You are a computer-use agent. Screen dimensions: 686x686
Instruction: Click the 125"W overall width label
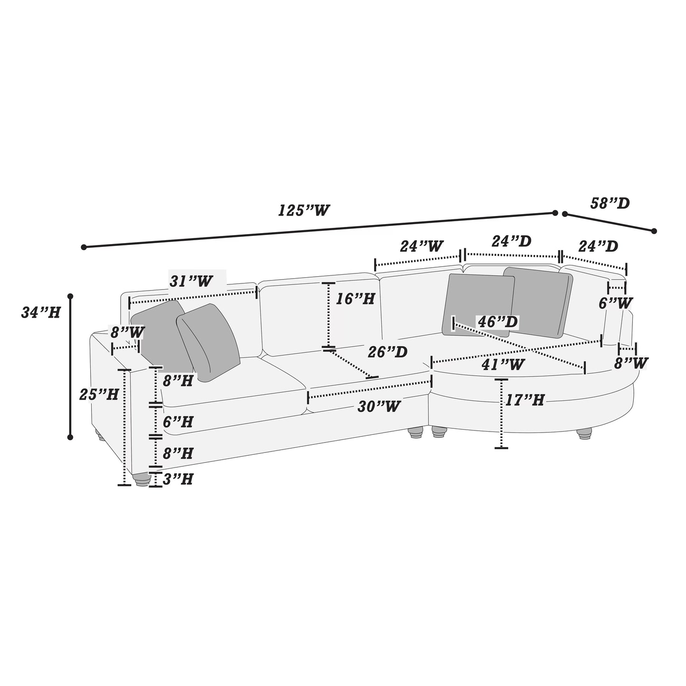click(x=303, y=210)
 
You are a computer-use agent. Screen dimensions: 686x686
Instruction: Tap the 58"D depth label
click(x=610, y=203)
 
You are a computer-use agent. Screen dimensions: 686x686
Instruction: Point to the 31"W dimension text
click(x=191, y=281)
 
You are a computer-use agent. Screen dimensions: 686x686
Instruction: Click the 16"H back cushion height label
click(x=355, y=299)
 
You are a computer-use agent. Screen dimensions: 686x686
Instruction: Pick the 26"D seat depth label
click(x=388, y=352)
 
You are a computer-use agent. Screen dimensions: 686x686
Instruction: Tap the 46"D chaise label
click(x=497, y=322)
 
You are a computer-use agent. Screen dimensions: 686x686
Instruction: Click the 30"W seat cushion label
click(x=379, y=406)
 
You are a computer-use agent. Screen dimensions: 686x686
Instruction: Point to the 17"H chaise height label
click(x=524, y=400)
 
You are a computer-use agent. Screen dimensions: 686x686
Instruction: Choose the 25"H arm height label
click(x=99, y=394)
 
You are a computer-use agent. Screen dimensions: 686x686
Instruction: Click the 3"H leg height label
click(x=178, y=479)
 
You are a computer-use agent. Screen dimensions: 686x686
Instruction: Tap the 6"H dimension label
click(x=178, y=422)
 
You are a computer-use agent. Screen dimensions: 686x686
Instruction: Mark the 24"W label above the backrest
click(x=422, y=246)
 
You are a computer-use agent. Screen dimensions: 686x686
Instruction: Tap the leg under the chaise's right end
click(x=585, y=434)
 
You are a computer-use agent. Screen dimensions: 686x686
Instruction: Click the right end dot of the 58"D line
click(x=654, y=231)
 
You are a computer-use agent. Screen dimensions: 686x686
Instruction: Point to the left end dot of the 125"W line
click(x=84, y=247)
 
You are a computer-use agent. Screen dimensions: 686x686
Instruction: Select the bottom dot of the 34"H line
click(x=70, y=437)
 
